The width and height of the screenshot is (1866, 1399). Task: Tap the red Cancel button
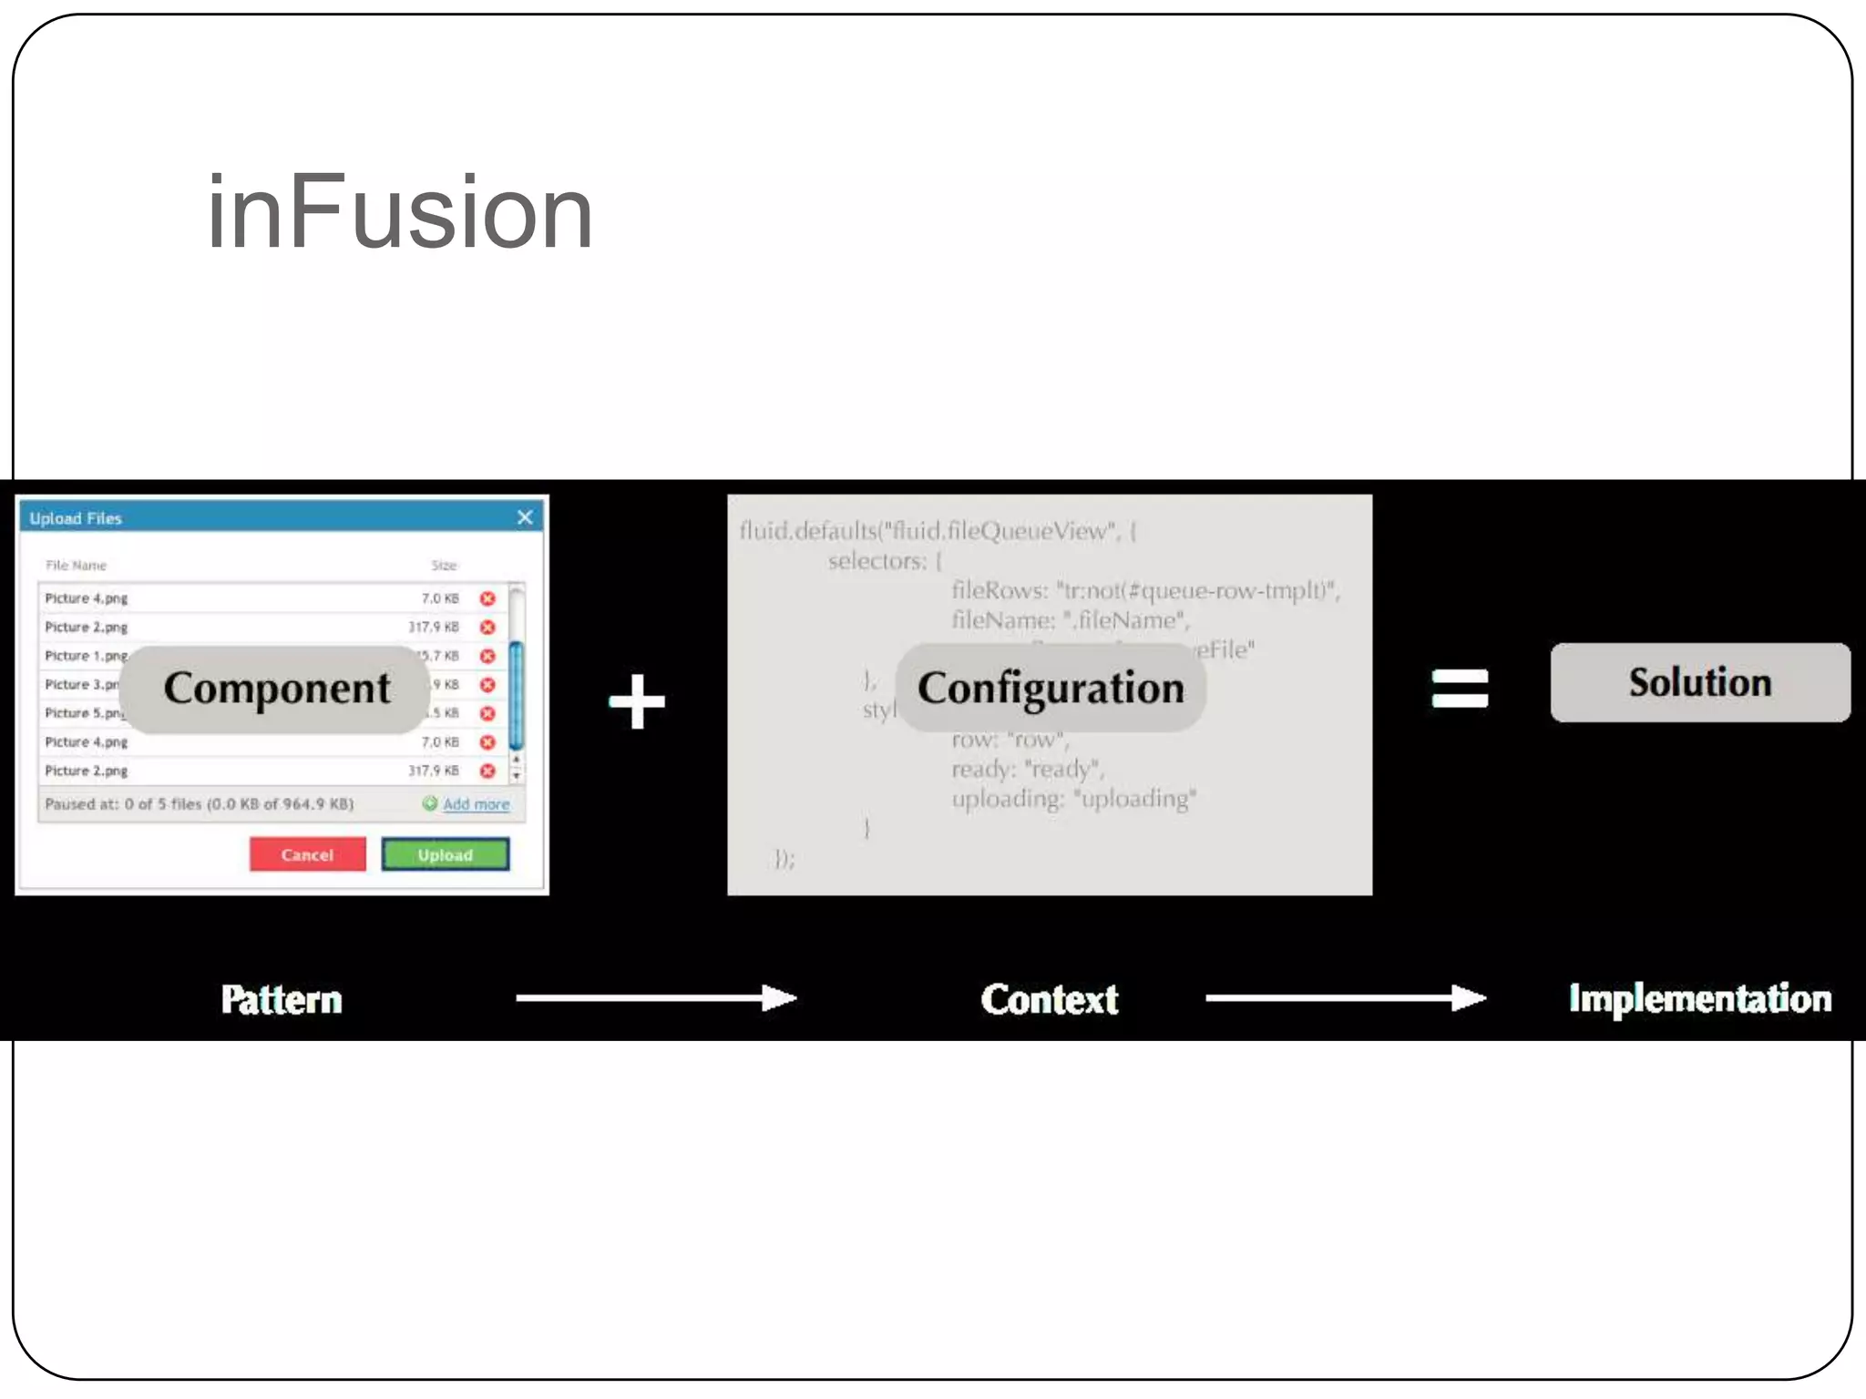pyautogui.click(x=307, y=854)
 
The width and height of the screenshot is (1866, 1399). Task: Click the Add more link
pyautogui.click(x=475, y=804)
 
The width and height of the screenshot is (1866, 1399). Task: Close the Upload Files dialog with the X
pyautogui.click(x=525, y=517)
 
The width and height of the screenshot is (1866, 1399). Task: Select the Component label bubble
pyautogui.click(x=276, y=689)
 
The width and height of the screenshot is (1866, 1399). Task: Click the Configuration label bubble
pyautogui.click(x=1051, y=689)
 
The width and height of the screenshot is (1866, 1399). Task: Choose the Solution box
pyautogui.click(x=1699, y=683)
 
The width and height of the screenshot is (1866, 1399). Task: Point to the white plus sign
pyautogui.click(x=637, y=701)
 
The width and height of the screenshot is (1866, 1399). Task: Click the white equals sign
pyautogui.click(x=1460, y=689)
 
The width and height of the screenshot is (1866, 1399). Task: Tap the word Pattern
pyautogui.click(x=282, y=999)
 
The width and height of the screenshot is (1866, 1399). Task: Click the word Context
pyautogui.click(x=1050, y=999)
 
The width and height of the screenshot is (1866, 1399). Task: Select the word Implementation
pyautogui.click(x=1699, y=998)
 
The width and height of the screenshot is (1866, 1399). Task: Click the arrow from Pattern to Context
pyautogui.click(x=656, y=998)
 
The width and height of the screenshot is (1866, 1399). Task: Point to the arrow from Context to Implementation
pyautogui.click(x=1346, y=998)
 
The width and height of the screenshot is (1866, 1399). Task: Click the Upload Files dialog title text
pyautogui.click(x=76, y=518)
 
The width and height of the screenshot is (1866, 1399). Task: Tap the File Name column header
pyautogui.click(x=77, y=566)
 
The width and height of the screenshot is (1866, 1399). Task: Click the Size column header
pyautogui.click(x=444, y=566)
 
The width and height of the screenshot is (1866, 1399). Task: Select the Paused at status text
pyautogui.click(x=200, y=804)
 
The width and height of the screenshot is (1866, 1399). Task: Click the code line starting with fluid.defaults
pyautogui.click(x=938, y=530)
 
